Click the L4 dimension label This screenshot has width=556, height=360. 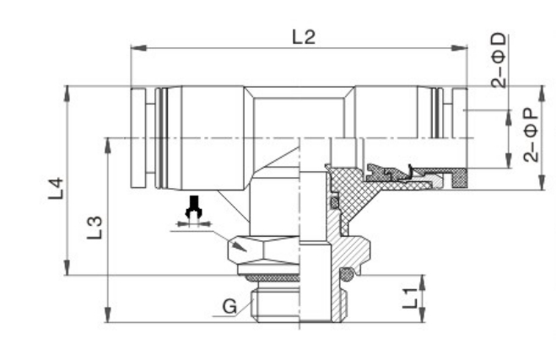[x=56, y=187]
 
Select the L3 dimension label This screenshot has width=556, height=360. [x=95, y=227]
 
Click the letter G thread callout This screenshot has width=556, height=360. [x=229, y=306]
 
